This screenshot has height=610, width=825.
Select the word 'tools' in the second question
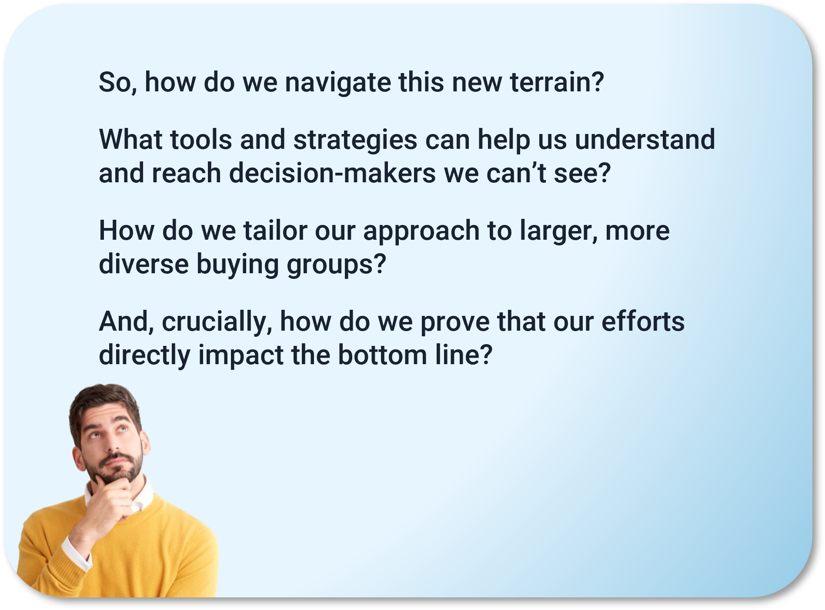tap(201, 140)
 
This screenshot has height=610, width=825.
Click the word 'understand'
tap(645, 140)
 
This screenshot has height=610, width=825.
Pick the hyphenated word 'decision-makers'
tap(333, 173)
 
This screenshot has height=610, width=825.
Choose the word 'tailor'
tap(275, 231)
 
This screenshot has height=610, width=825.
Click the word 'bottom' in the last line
tap(383, 355)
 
